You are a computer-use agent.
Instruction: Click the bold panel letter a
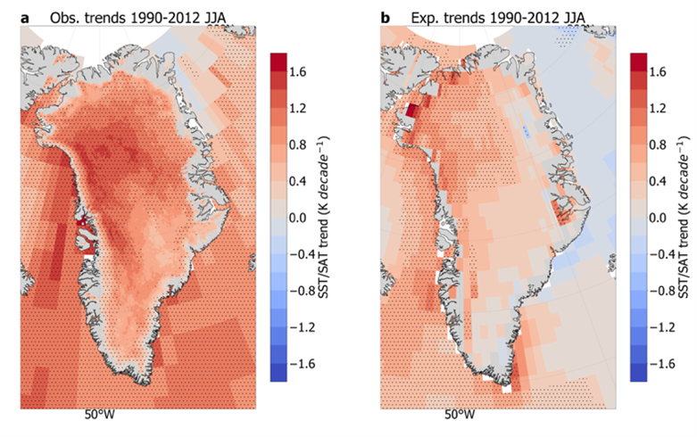(25, 18)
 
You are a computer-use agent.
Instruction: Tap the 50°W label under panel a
(99, 415)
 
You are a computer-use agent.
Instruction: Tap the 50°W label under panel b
(460, 415)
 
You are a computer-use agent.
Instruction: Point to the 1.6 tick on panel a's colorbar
(297, 72)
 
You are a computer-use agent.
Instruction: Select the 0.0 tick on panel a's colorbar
(297, 218)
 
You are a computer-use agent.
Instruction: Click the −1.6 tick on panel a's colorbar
(303, 364)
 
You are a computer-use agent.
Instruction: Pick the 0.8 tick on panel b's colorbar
(658, 144)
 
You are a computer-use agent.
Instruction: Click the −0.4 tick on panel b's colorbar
(662, 254)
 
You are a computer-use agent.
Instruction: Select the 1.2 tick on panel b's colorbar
(658, 109)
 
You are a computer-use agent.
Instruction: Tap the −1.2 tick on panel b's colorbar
(662, 328)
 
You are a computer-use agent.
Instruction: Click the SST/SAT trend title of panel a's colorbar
(323, 218)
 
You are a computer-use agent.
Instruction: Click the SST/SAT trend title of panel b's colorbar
(684, 218)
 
